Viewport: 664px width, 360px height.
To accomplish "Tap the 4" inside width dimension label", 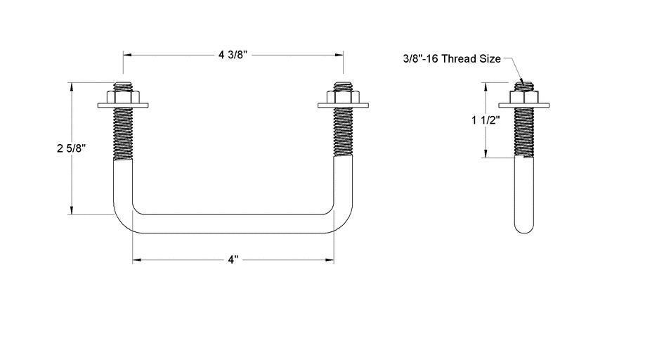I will tap(233, 259).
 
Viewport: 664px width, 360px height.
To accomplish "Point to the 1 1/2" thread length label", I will tap(486, 120).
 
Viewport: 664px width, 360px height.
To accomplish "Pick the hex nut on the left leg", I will tap(123, 96).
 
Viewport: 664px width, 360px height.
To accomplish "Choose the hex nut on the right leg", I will tap(343, 96).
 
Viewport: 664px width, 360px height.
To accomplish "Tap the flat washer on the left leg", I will tap(123, 106).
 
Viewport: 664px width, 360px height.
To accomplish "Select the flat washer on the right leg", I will tap(343, 106).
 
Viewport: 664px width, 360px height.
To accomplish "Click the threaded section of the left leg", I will tap(123, 134).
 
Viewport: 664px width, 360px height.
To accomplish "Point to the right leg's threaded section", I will tap(343, 134).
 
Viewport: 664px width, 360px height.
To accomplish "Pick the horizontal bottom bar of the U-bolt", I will tap(233, 224).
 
